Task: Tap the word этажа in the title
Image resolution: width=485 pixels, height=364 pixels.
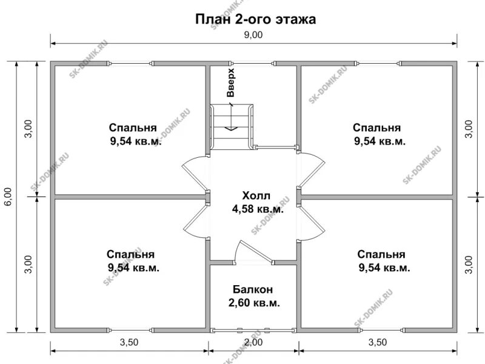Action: [295, 19]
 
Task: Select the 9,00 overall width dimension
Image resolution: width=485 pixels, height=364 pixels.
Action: [253, 35]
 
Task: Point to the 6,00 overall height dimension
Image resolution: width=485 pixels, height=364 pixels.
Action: [8, 197]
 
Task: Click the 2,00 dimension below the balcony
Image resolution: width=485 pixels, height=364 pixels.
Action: [253, 343]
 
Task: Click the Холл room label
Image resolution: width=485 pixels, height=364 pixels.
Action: [257, 196]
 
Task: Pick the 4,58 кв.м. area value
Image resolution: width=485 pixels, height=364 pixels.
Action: [257, 209]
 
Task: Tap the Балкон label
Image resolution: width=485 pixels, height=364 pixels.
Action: [253, 290]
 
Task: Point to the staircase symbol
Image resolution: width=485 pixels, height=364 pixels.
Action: [231, 126]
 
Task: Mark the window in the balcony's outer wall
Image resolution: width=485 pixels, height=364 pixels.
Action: [253, 331]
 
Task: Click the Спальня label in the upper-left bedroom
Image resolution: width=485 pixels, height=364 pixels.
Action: [133, 128]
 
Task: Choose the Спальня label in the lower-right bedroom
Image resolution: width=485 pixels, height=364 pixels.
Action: [381, 254]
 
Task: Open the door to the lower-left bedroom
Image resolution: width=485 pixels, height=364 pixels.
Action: [195, 224]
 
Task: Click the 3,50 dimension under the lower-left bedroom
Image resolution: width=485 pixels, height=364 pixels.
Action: [129, 343]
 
